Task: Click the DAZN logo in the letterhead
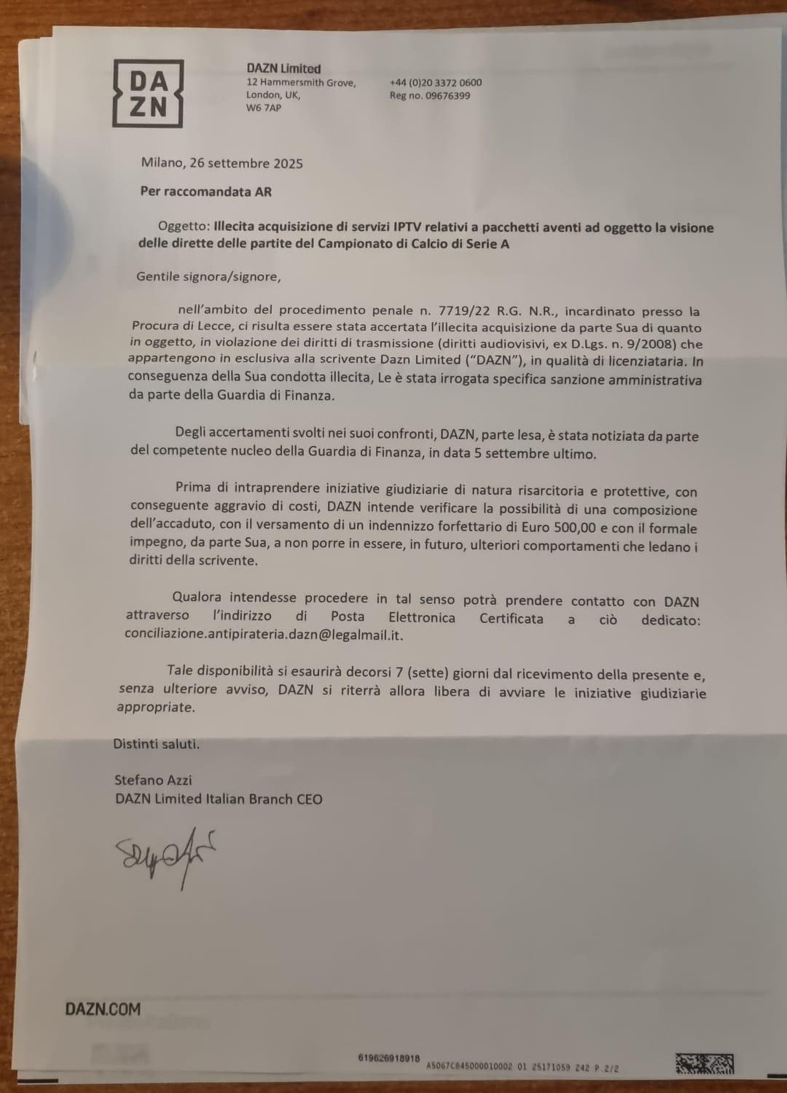[x=147, y=93]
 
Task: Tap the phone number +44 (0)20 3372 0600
[x=435, y=82]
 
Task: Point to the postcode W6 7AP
[x=263, y=108]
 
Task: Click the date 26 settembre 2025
[x=246, y=163]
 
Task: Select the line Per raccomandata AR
[x=205, y=192]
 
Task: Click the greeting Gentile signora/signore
[x=208, y=276]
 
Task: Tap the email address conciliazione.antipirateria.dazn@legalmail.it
[x=263, y=635]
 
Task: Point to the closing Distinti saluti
[x=156, y=744]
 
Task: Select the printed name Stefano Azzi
[x=153, y=780]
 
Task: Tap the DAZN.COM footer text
[x=103, y=1009]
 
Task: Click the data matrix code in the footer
[x=704, y=1064]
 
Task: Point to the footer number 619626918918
[x=389, y=1057]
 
